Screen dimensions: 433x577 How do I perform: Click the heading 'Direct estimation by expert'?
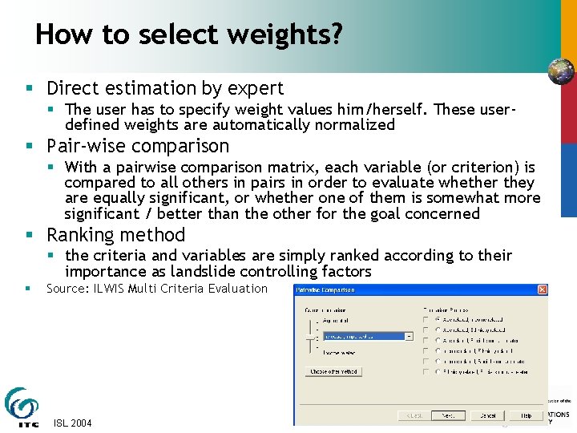[x=165, y=88]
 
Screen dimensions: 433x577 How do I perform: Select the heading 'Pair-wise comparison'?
[x=138, y=146]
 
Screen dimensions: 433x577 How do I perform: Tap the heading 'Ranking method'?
[x=115, y=235]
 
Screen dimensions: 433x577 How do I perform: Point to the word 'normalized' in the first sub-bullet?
[x=356, y=124]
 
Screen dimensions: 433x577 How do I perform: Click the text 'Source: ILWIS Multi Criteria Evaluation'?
[x=156, y=289]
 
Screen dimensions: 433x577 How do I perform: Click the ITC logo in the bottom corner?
[x=22, y=407]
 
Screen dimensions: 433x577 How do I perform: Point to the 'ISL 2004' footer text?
[x=72, y=423]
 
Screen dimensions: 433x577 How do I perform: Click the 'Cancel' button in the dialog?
[x=487, y=415]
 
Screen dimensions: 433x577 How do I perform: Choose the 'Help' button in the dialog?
[x=526, y=415]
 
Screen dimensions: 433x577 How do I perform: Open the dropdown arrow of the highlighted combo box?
[x=409, y=337]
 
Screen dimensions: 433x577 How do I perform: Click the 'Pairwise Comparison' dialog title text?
[x=326, y=289]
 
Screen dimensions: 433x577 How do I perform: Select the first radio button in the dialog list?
[x=438, y=318]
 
